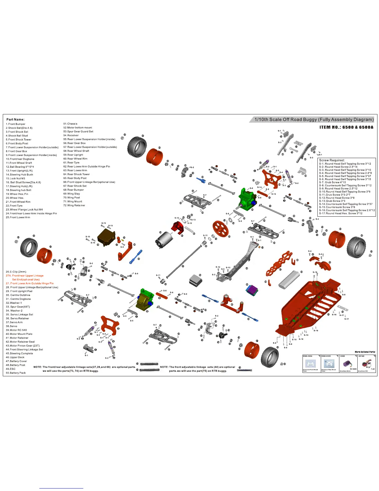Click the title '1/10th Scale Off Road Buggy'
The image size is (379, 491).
coord(314,120)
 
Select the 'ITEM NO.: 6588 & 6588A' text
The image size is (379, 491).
coord(346,127)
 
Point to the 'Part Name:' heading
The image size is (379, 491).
coord(15,120)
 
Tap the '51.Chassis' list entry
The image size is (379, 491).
coord(70,124)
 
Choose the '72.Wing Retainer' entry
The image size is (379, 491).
coord(74,206)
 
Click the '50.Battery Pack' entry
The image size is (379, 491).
coord(16,373)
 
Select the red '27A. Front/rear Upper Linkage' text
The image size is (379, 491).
coord(25,276)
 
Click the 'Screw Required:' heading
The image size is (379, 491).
coord(332,160)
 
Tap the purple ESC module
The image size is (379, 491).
coord(252,290)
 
